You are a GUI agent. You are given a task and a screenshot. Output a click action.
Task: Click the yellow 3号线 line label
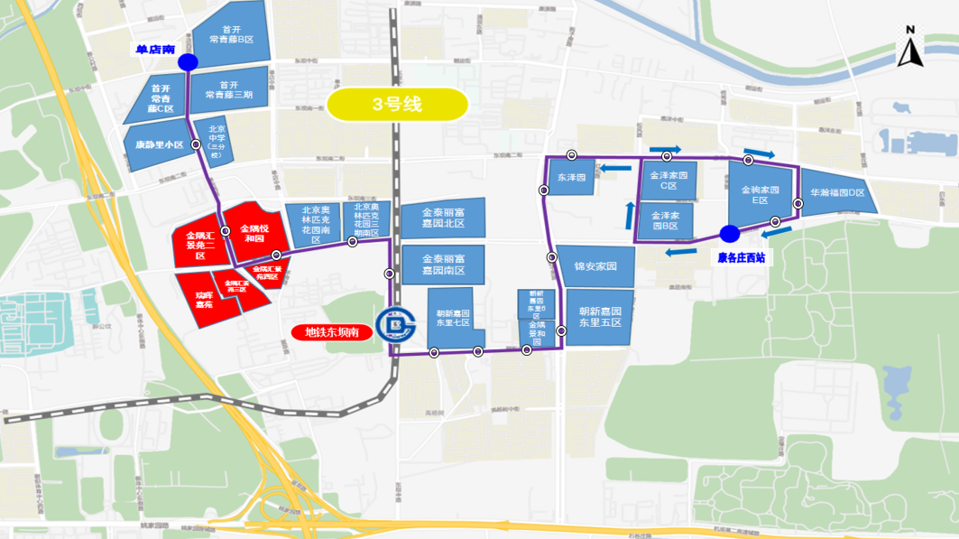tap(397, 105)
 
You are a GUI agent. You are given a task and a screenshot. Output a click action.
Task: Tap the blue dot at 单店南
tap(188, 62)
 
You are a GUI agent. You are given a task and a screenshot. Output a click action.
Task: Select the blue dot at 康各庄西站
tap(730, 234)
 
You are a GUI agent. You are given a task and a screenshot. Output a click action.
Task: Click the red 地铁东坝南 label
tap(332, 332)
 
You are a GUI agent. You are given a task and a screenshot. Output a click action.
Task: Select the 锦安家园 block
tap(595, 267)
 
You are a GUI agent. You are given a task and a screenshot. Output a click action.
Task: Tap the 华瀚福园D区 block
tap(838, 193)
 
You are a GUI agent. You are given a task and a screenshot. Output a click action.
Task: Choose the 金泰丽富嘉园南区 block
tap(443, 265)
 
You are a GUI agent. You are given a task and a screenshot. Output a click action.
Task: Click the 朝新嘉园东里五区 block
tap(600, 317)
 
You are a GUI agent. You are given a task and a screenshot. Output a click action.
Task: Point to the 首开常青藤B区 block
tap(231, 34)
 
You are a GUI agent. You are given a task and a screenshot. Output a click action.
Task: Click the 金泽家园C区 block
tap(669, 180)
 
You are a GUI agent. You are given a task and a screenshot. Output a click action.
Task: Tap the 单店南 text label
tap(155, 50)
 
